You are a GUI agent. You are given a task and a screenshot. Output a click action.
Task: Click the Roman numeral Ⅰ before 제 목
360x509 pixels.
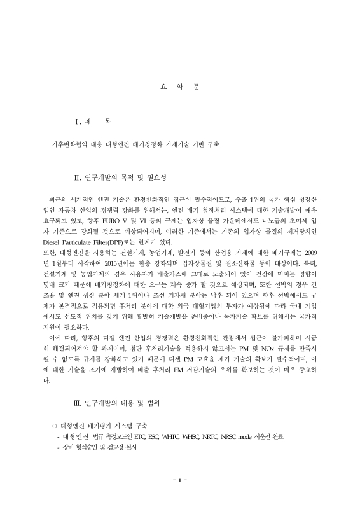click(78, 122)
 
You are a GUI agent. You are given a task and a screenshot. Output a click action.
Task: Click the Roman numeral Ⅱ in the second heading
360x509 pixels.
click(78, 176)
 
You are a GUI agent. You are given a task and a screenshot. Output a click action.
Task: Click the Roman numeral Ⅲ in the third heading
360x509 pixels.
click(78, 403)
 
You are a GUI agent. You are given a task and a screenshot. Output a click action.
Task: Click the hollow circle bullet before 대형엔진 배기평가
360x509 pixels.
click(55, 425)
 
